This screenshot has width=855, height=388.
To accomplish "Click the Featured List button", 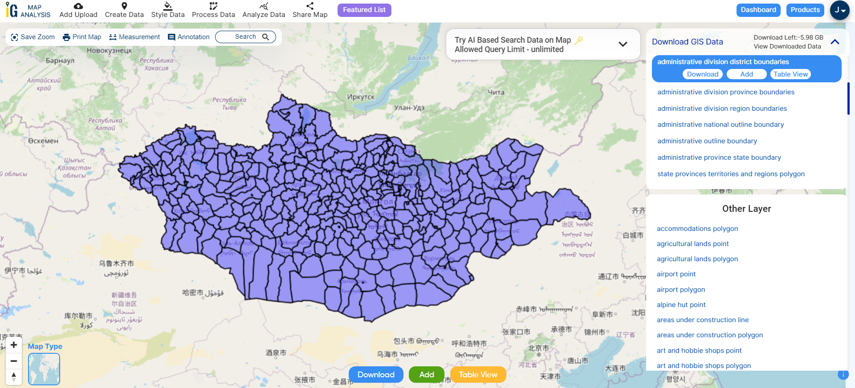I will [364, 10].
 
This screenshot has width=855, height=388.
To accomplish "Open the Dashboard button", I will [758, 10].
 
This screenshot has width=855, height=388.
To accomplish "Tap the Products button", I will [805, 10].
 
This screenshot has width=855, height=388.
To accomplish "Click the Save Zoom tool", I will [33, 37].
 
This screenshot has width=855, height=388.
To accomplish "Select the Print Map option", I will [82, 37].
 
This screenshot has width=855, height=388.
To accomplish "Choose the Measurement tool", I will [134, 37].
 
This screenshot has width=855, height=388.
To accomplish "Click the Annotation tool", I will [188, 37].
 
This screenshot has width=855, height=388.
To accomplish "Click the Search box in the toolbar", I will [245, 37].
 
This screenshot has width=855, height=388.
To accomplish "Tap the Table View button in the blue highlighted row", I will [790, 74].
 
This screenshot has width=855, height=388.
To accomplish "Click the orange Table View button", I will [478, 375].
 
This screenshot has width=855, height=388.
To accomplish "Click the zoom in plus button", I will [14, 345].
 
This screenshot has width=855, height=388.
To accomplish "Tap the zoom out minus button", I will [14, 361].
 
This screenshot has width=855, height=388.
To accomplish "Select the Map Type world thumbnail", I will [44, 369].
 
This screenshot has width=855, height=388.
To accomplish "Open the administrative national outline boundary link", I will [720, 125].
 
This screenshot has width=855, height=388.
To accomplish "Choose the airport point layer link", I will [676, 274].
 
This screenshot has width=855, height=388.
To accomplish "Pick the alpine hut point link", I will [681, 305].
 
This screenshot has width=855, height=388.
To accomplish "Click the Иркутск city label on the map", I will [361, 97].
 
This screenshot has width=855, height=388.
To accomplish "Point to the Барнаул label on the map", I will [60, 61].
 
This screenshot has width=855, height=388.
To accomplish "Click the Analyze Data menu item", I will [264, 10].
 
